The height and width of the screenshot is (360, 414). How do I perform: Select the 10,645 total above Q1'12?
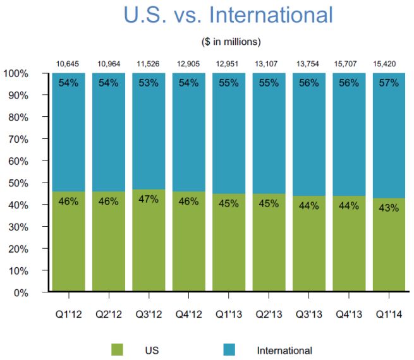coord(70,64)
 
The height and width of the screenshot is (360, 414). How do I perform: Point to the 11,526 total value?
coord(149,64)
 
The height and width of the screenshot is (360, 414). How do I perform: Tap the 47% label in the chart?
coord(149,200)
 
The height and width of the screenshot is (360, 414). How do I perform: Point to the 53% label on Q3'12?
coord(149,83)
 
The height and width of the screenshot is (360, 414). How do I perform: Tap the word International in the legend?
coord(284,350)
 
